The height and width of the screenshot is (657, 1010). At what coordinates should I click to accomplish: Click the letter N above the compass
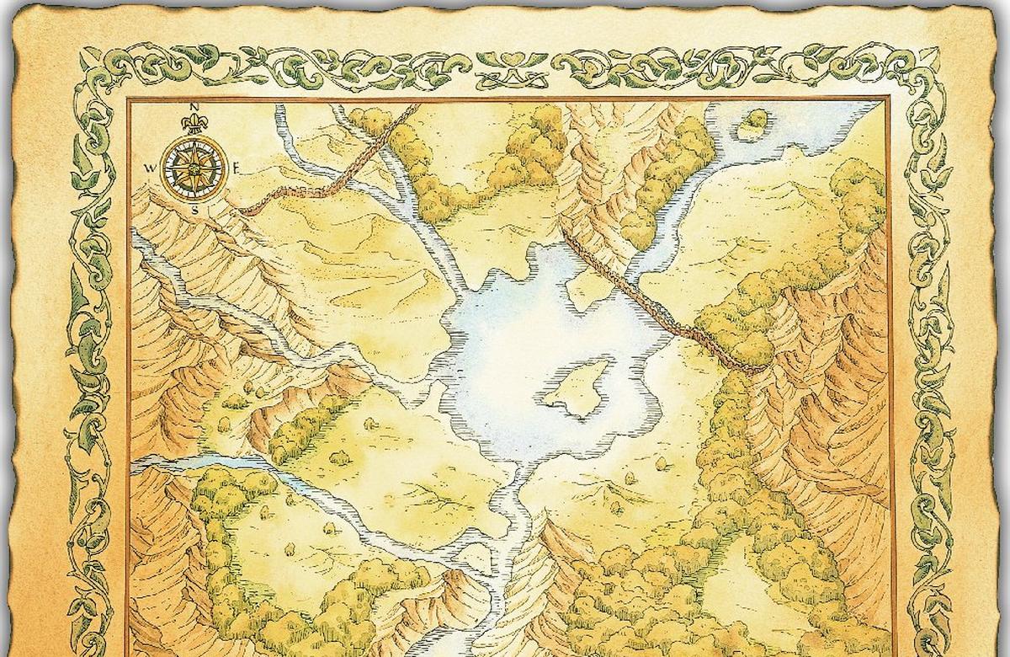(194, 107)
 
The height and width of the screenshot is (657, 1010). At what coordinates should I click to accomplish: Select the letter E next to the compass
(238, 168)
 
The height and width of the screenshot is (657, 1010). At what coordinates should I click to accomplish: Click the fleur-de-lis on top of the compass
(194, 125)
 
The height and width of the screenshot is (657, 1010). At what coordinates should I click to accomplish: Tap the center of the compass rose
(194, 167)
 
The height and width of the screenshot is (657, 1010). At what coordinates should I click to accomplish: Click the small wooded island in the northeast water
(753, 124)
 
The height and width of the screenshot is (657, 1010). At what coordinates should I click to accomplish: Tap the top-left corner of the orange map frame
(129, 100)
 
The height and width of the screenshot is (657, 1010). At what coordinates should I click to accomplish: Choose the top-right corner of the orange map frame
(889, 100)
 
